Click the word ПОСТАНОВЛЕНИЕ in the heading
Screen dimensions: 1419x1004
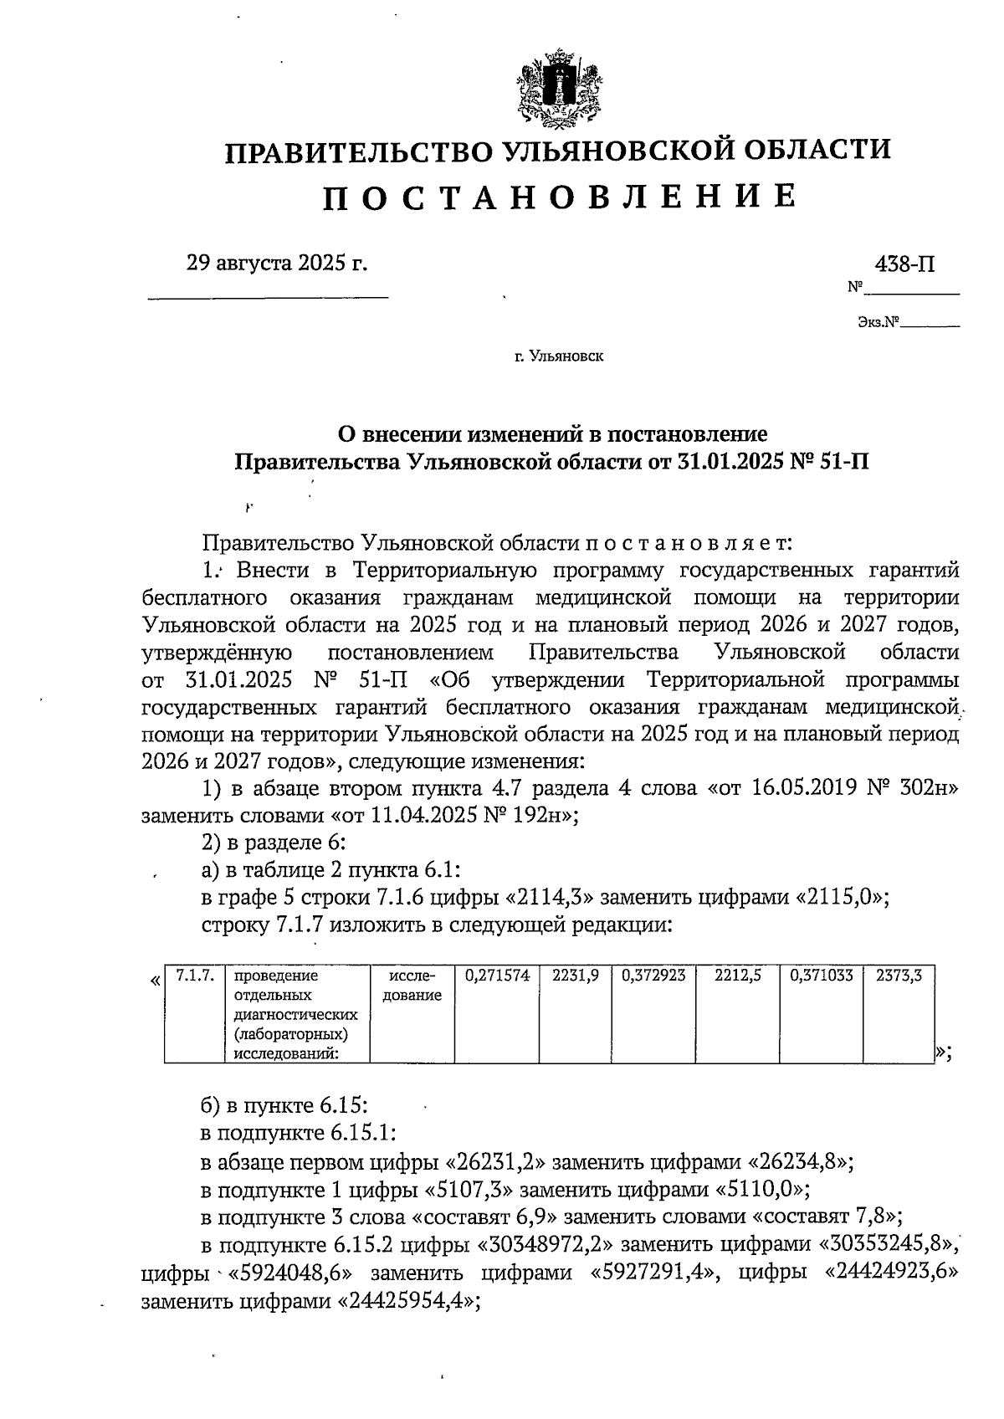(x=559, y=196)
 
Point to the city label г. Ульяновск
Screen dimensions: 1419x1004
(x=559, y=357)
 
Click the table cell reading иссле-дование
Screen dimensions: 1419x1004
(x=412, y=986)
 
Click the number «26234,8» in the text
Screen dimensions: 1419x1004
(x=797, y=1163)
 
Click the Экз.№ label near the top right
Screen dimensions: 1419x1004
(x=877, y=321)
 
